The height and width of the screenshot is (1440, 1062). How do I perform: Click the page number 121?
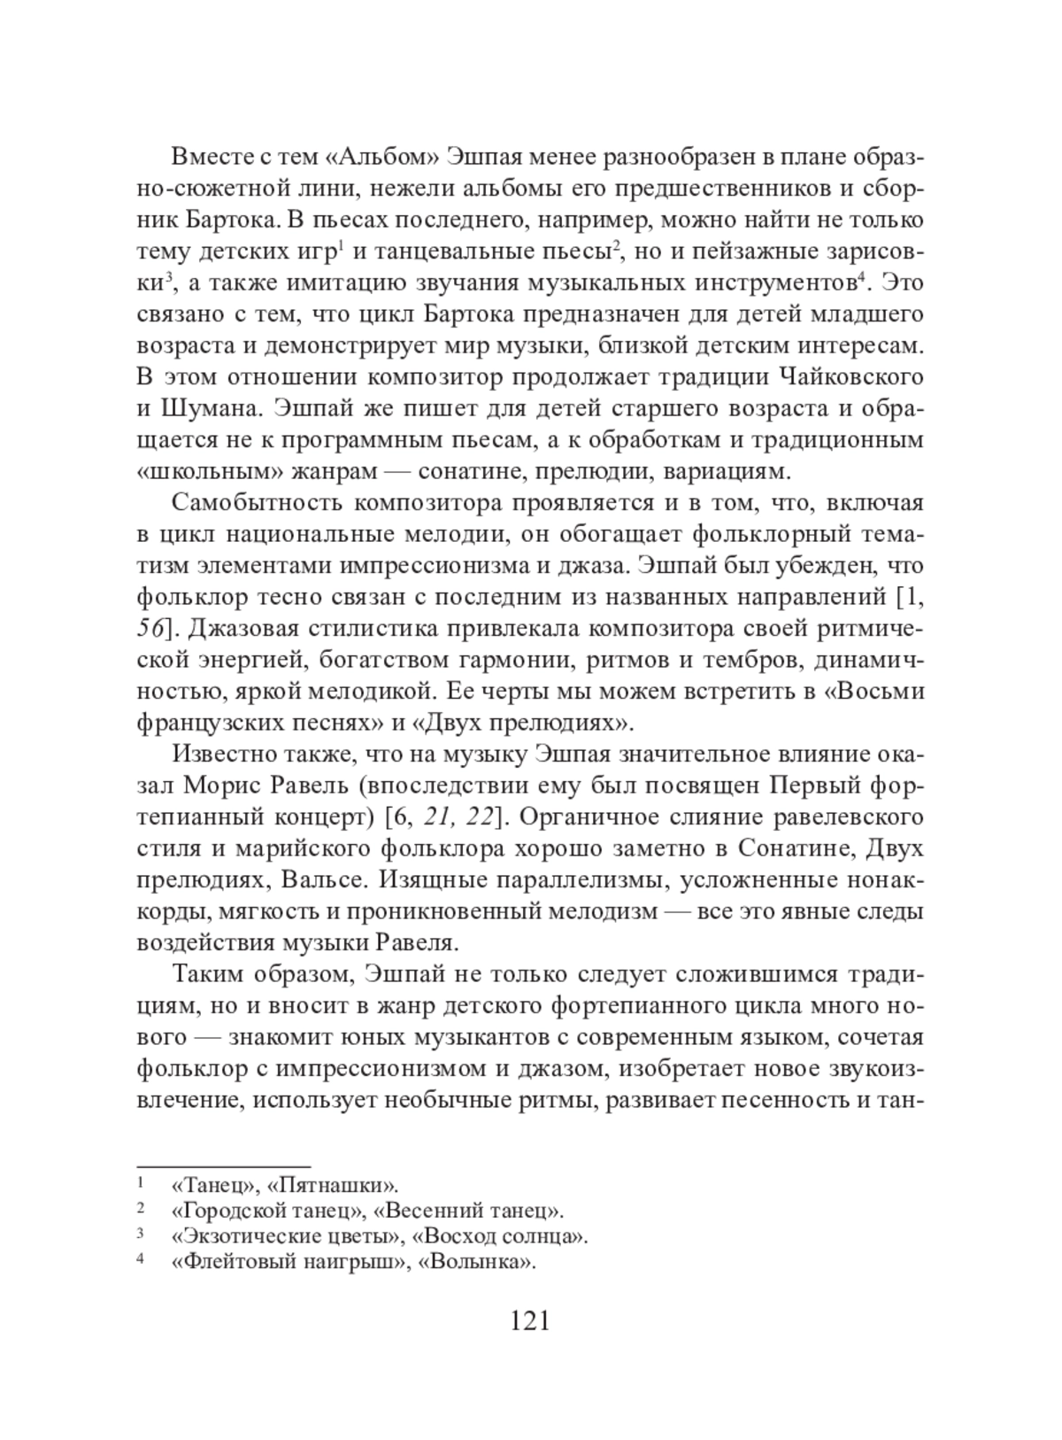530,1320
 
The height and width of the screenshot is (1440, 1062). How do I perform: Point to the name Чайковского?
851,376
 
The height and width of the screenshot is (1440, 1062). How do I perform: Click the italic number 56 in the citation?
150,629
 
